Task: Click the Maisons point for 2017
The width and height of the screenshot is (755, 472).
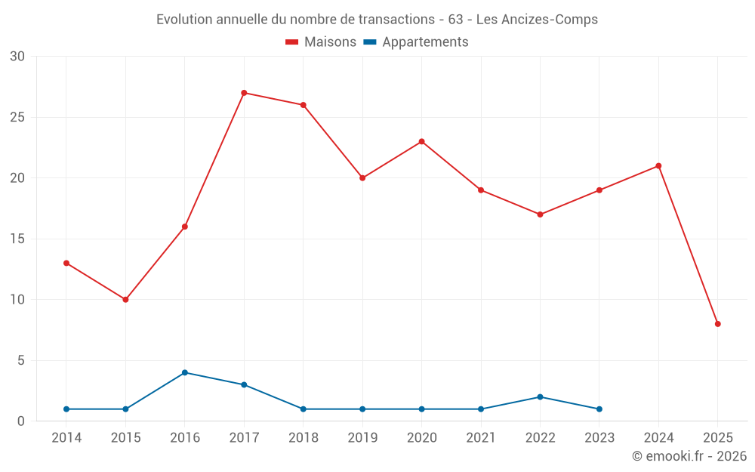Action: point(244,93)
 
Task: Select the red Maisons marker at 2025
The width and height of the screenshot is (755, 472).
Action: point(718,324)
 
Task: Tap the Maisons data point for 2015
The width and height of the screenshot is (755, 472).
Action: point(125,300)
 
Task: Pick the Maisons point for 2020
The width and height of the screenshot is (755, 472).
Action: point(421,141)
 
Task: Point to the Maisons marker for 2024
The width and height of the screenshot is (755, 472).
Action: point(658,166)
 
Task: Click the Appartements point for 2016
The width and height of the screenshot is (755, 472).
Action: point(184,372)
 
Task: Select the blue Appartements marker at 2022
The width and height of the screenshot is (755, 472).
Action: point(540,397)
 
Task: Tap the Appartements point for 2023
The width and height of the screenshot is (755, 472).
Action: point(599,409)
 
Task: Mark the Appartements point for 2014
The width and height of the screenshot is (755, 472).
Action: point(66,409)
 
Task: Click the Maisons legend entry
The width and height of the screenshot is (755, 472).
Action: point(321,42)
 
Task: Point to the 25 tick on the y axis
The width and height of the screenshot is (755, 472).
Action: point(17,117)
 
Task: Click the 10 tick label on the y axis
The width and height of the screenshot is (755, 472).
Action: point(17,300)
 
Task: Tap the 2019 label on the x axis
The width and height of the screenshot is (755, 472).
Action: point(362,438)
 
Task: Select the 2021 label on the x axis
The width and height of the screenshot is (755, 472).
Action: point(481,438)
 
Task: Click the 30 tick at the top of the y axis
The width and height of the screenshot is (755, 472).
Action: point(17,57)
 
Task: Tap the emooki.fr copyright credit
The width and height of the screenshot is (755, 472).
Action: point(689,456)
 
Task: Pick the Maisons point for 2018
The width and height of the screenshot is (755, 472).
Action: point(303,105)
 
